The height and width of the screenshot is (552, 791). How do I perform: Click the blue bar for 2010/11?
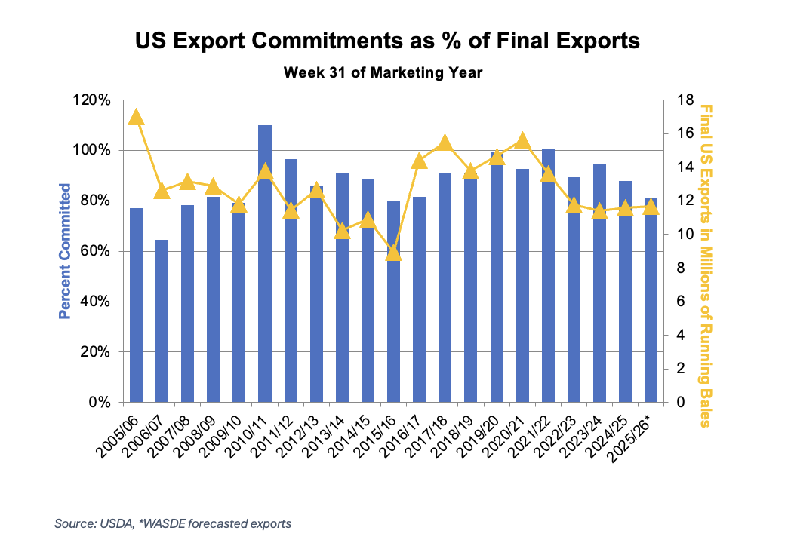click(265, 263)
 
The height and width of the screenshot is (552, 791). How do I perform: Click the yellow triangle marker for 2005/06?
click(136, 117)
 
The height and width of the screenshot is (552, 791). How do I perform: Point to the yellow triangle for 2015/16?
click(393, 253)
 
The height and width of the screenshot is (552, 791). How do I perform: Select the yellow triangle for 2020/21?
click(522, 141)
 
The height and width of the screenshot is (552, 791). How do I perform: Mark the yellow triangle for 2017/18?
click(445, 143)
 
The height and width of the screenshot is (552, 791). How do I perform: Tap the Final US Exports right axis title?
click(705, 265)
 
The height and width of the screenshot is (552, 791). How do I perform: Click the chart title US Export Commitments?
click(386, 41)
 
